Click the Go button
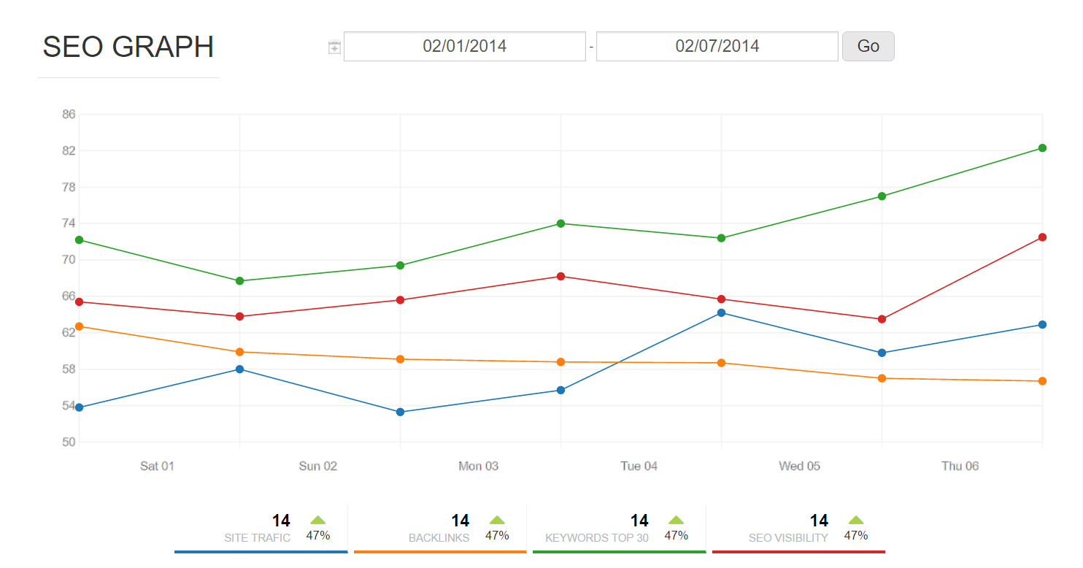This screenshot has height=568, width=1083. point(868,46)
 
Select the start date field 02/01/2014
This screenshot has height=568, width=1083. point(465,46)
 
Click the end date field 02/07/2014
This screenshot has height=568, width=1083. point(717,46)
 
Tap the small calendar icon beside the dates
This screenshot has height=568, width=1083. point(334,47)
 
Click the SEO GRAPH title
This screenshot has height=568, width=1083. point(128,47)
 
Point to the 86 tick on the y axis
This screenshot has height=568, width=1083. point(69,115)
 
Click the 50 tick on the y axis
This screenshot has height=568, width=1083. point(69,442)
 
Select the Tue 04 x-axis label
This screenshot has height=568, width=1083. point(639,466)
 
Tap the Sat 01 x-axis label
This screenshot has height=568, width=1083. point(157,466)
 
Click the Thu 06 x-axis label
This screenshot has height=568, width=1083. point(960,466)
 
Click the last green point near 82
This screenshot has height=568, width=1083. point(1042,148)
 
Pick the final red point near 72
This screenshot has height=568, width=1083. point(1042,237)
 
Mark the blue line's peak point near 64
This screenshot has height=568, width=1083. point(721,312)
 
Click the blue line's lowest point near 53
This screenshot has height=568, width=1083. point(400,412)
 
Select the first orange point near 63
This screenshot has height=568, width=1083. point(79,326)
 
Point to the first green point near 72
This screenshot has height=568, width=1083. point(79,239)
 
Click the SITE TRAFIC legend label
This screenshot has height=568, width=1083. point(257,538)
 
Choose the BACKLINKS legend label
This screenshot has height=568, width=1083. point(439,538)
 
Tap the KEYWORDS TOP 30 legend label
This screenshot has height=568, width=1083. point(596,538)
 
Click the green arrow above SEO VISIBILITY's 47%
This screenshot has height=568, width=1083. point(856,520)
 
